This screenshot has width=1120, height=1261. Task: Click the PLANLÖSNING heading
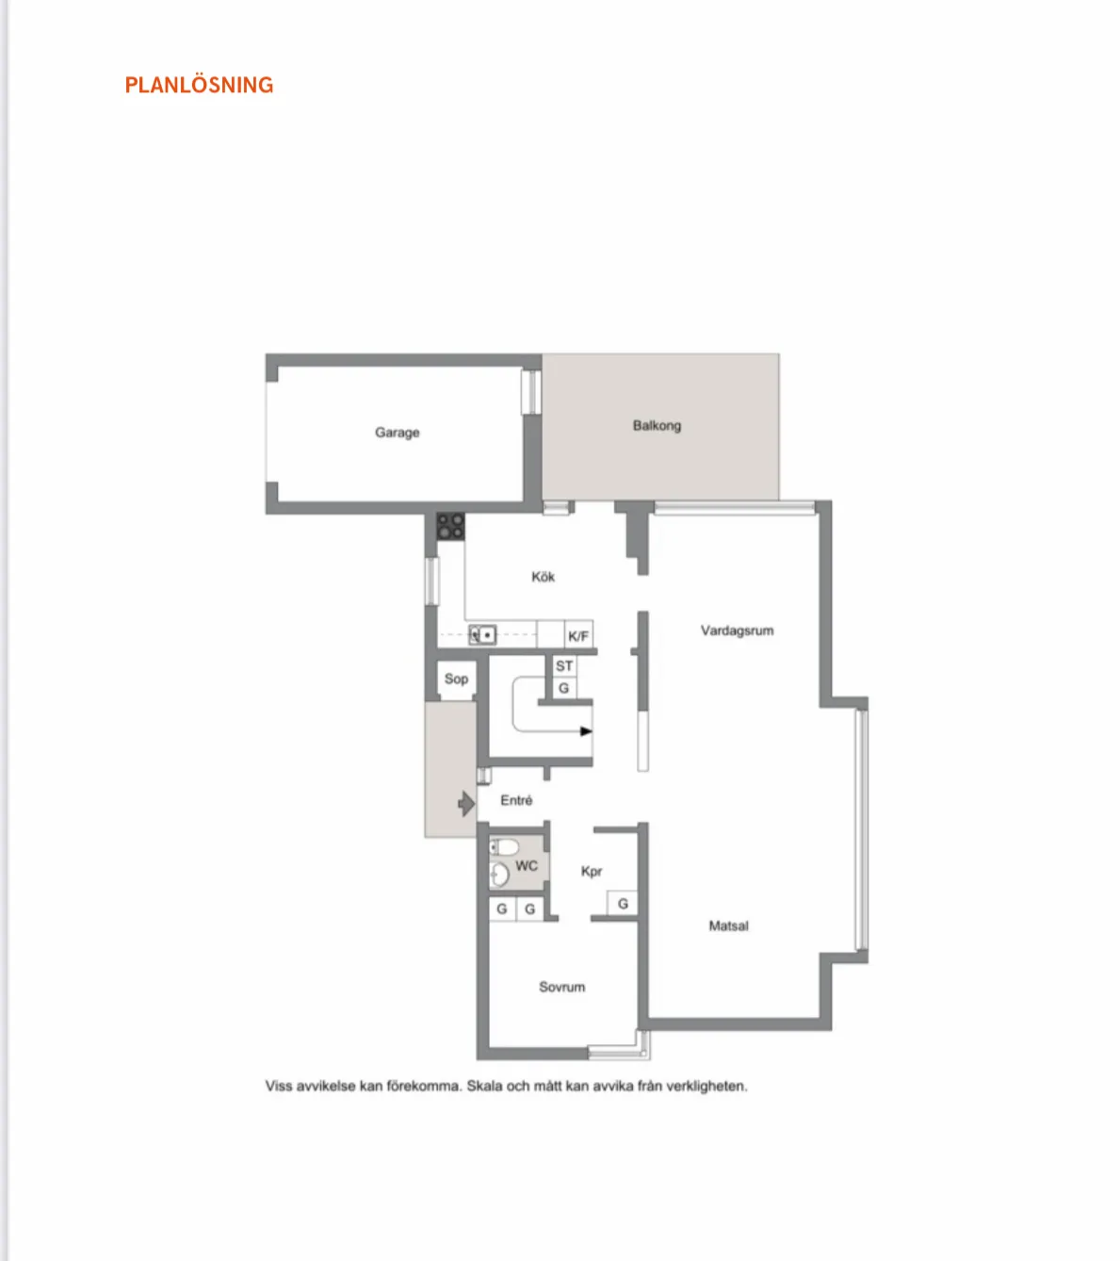tap(199, 85)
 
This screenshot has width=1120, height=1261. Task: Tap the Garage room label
tap(397, 433)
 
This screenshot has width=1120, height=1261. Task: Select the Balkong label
tap(657, 426)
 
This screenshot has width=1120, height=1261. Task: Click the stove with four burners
tap(450, 527)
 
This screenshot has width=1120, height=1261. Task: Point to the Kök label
tap(544, 577)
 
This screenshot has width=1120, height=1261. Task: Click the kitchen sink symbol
tap(482, 635)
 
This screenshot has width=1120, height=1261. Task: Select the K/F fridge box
tap(578, 635)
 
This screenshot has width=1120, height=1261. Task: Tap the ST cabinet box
tap(564, 666)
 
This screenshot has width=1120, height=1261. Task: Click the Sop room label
tap(456, 680)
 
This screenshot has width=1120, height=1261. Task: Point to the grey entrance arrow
tap(466, 804)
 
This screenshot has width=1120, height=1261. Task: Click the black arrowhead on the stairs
tap(586, 731)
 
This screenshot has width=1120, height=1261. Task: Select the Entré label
tap(516, 800)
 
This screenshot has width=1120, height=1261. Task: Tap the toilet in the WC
tap(505, 847)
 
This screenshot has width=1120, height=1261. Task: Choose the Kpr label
tap(592, 872)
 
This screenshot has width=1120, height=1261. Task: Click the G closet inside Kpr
tap(623, 904)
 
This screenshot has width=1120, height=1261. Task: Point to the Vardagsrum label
tap(738, 630)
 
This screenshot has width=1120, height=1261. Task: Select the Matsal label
tap(729, 926)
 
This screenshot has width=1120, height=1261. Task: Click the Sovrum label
tap(561, 987)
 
